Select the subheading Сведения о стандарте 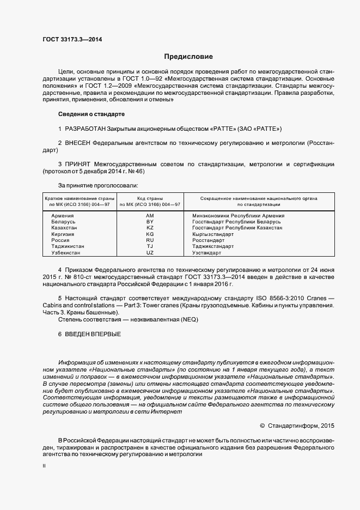(91, 114)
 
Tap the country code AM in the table (150, 216)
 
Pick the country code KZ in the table (150, 228)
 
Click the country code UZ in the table (150, 253)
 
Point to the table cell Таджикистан (68, 246)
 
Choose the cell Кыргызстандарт (213, 234)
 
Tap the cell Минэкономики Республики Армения (235, 216)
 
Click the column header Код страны (150, 198)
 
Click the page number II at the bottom (44, 466)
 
